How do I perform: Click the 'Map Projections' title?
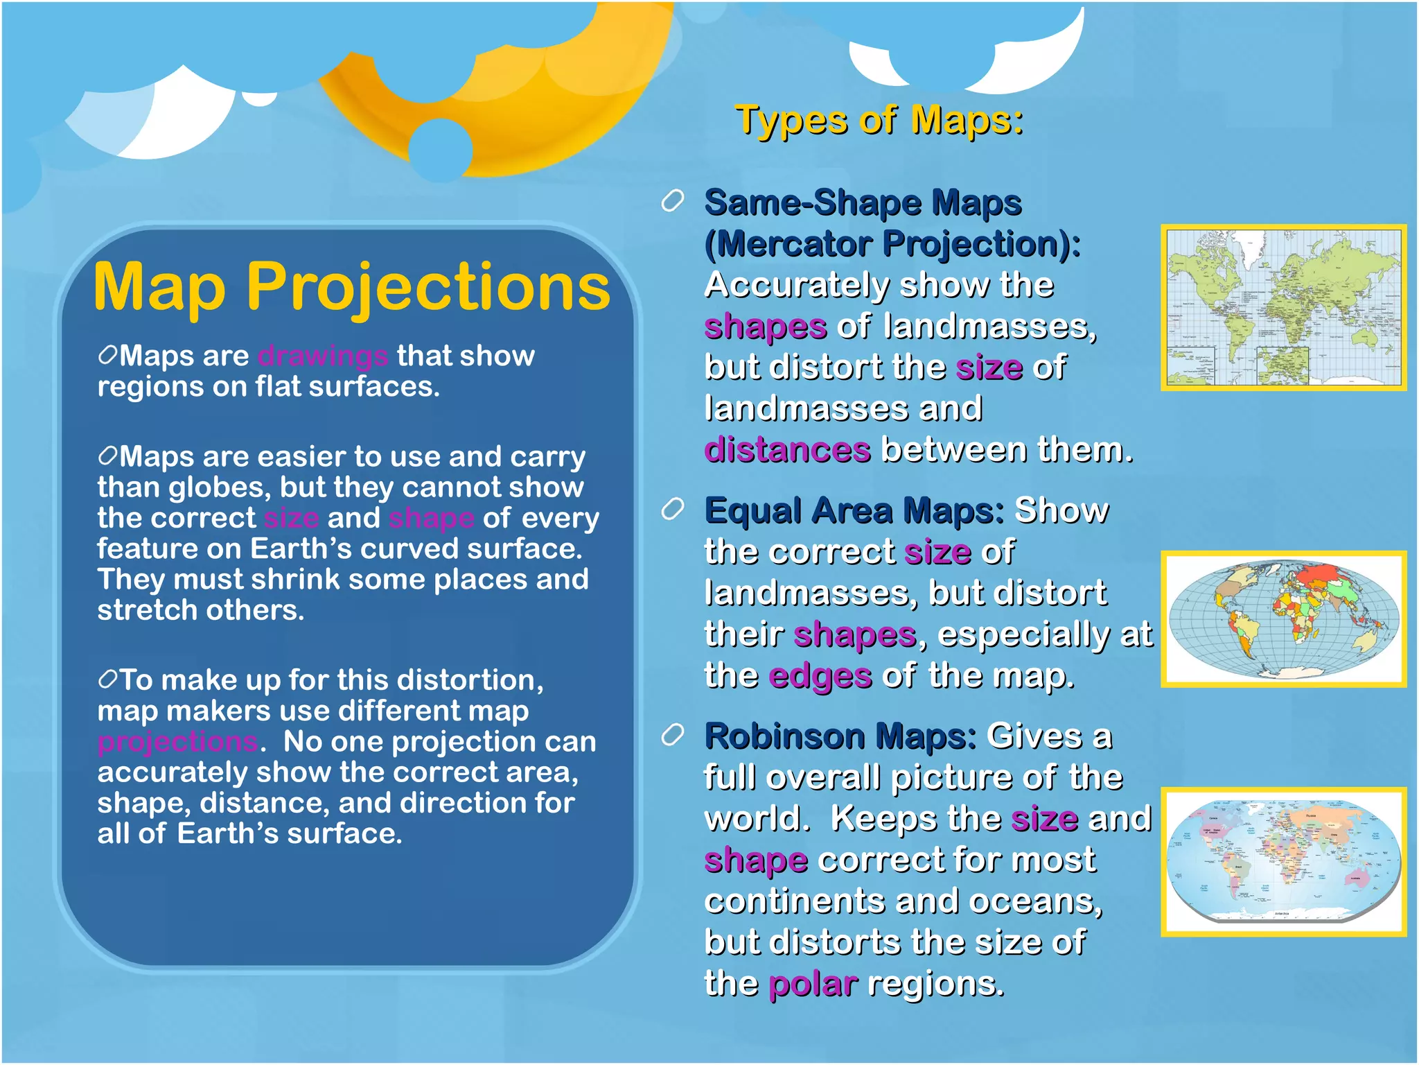[x=351, y=286]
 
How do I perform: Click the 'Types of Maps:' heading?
[x=879, y=121]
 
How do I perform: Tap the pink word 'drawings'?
[x=322, y=356]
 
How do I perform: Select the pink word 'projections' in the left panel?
[x=178, y=742]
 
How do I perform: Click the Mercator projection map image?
[x=1283, y=307]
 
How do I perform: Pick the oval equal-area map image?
[x=1283, y=619]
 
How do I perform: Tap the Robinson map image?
[x=1283, y=861]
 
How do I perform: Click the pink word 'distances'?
[x=787, y=450]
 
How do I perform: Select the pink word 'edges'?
[x=820, y=676]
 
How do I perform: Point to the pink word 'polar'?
[x=813, y=984]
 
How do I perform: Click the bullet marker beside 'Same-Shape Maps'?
[x=672, y=202]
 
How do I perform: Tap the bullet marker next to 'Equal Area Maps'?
[x=672, y=510]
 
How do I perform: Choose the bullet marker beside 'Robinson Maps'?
[x=672, y=735]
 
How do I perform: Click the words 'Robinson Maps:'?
[x=840, y=736]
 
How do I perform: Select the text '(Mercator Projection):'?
[x=892, y=244]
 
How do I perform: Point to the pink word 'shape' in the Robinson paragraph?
[x=755, y=860]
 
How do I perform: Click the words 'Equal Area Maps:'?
[x=854, y=511]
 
